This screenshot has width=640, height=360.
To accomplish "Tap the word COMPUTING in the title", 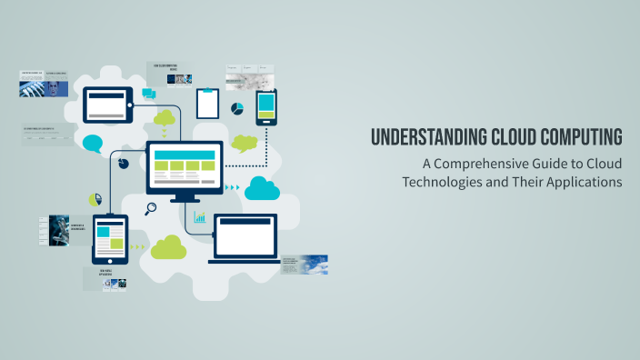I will pos(580,138).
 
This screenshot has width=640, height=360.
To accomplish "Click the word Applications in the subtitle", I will pos(584,181).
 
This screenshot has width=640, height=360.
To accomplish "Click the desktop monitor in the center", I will pos(185,169).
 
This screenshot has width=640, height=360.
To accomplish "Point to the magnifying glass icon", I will pos(151,208).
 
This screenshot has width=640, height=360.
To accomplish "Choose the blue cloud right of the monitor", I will pos(261,189).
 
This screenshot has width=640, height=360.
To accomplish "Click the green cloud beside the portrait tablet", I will pos(168,246).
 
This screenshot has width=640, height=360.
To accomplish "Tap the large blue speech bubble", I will pos(93,144).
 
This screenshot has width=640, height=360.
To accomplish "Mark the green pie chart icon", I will pos(95,199).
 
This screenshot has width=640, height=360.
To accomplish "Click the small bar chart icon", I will pos(199,218).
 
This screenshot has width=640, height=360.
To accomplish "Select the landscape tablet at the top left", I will pos(109,105).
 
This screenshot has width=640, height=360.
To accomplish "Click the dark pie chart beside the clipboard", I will pos(237,109).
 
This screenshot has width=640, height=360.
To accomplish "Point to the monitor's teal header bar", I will pos(185,154).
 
